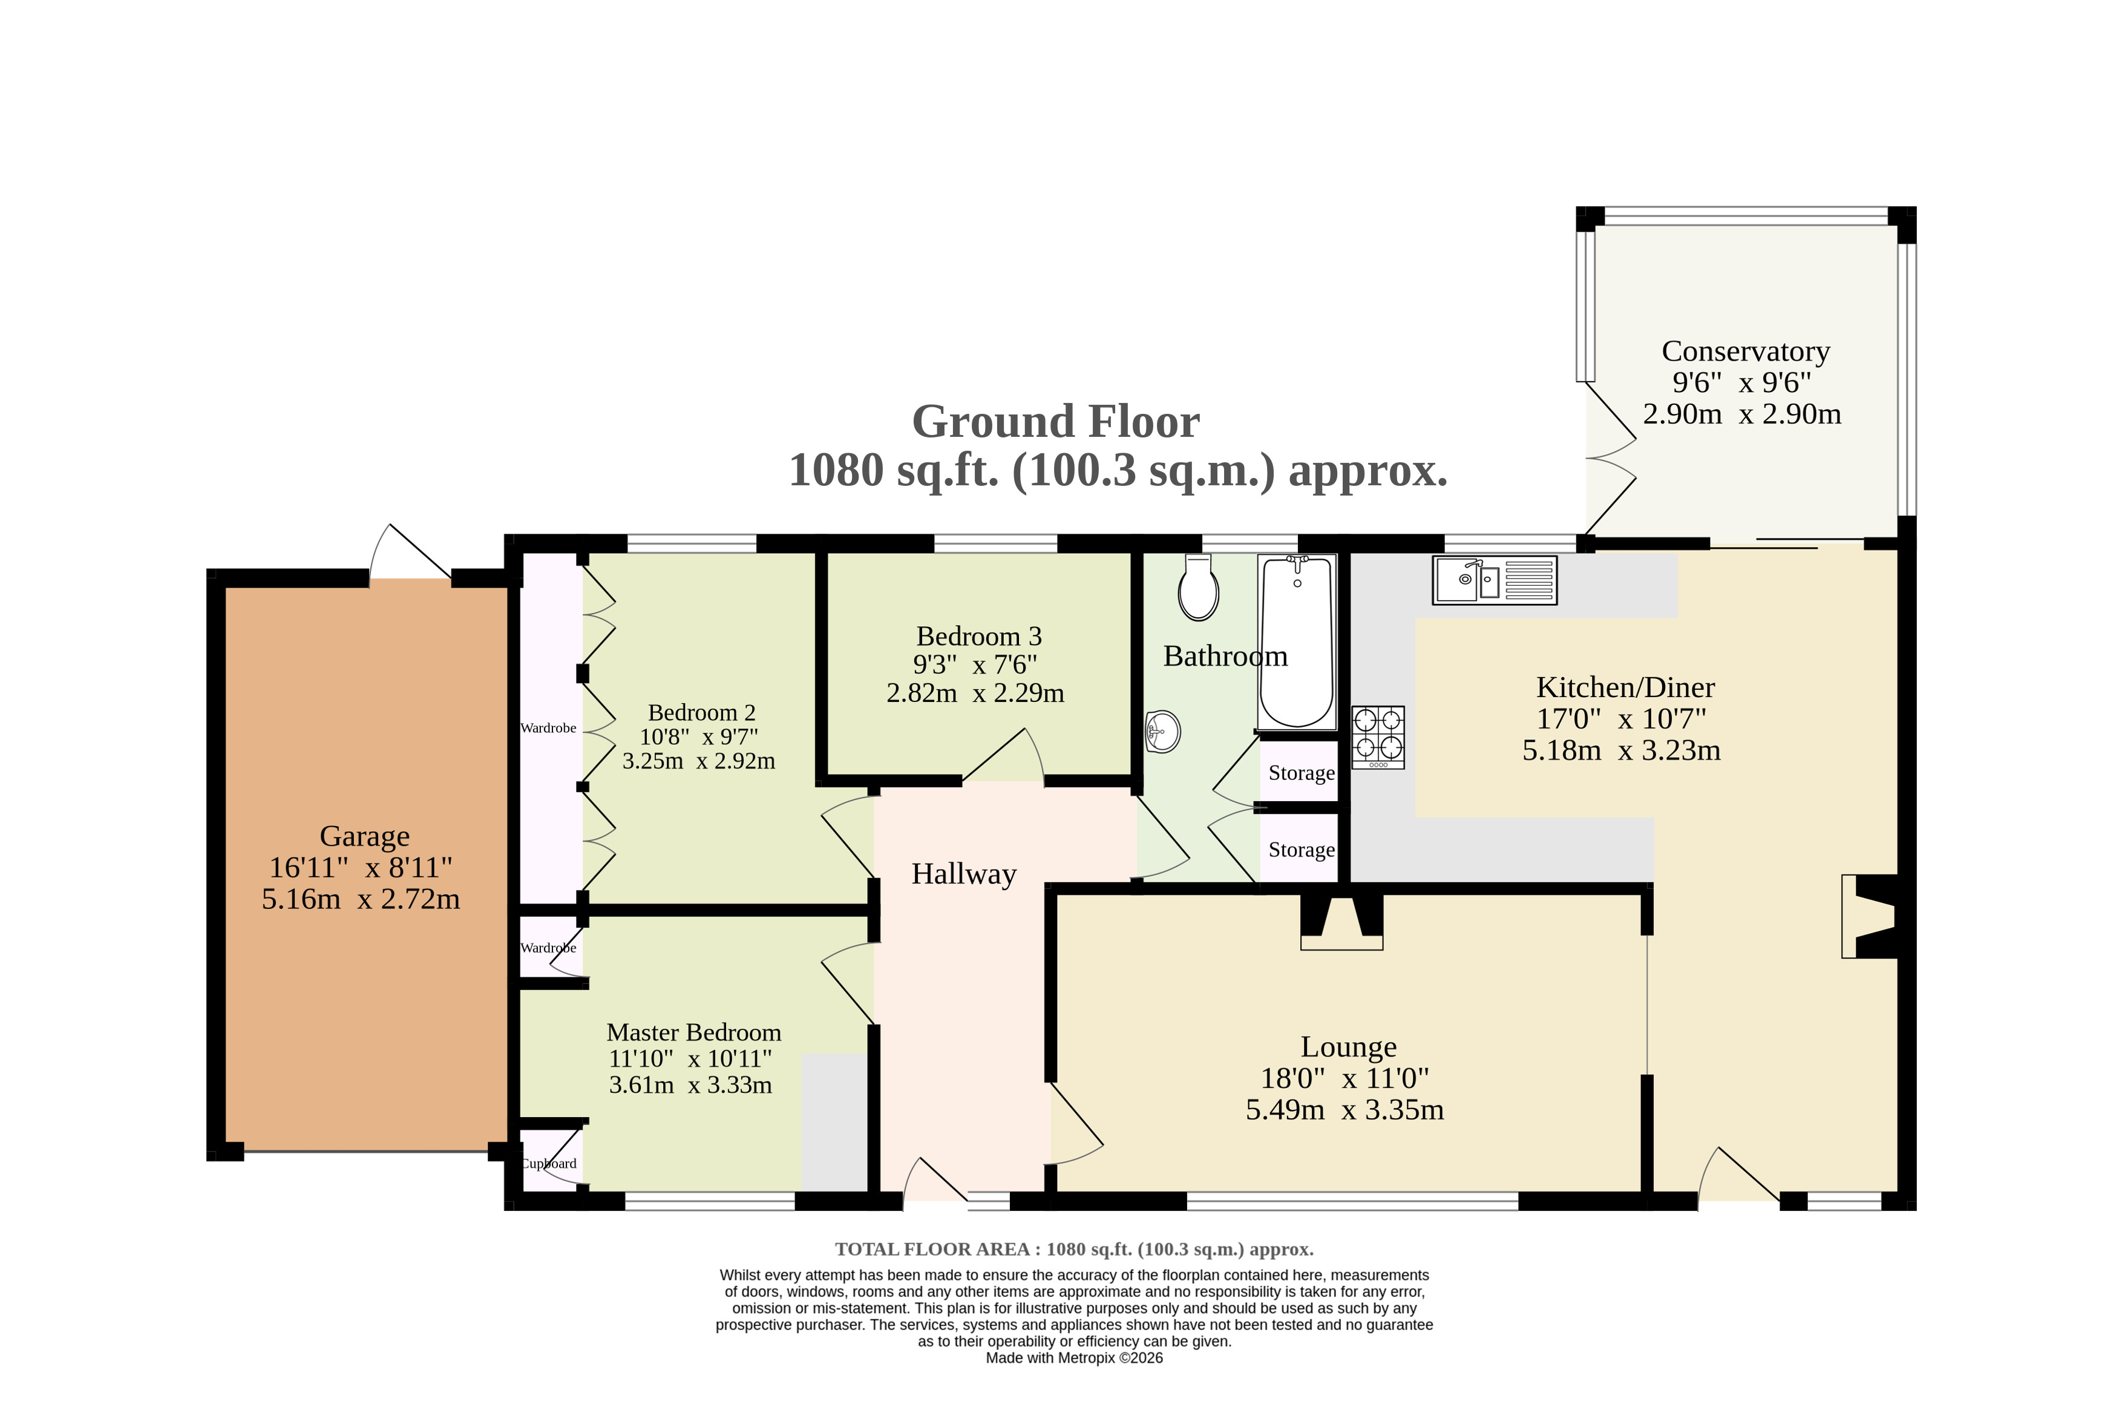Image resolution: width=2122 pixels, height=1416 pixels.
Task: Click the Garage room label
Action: coord(365,836)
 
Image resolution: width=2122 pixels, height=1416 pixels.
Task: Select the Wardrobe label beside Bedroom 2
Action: coord(548,728)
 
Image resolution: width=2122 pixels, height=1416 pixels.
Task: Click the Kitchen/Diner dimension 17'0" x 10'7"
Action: coord(1621,719)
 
